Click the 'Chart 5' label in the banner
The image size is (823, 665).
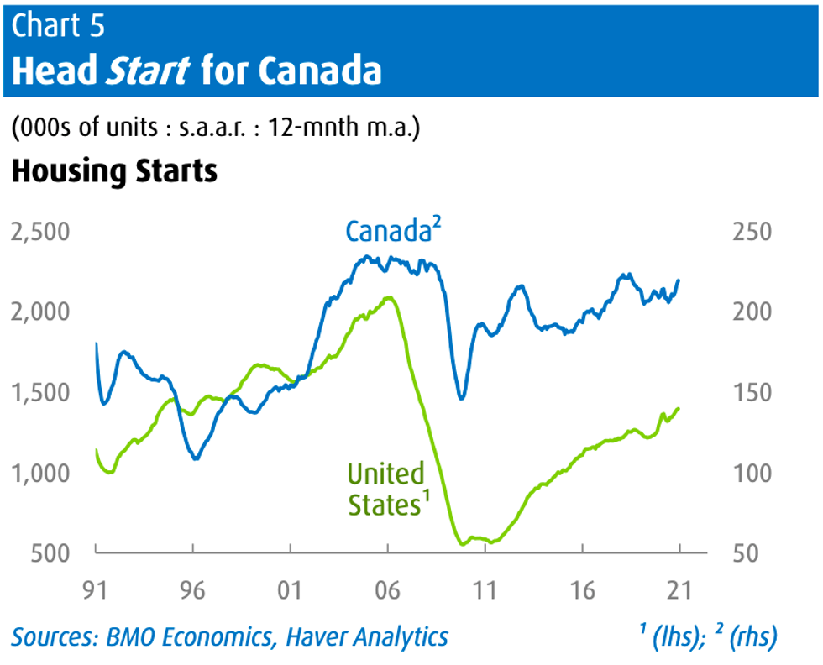(x=59, y=25)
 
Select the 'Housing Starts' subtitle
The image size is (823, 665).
(x=114, y=171)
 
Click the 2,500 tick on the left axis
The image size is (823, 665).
(x=39, y=231)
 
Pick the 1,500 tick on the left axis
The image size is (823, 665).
(x=39, y=392)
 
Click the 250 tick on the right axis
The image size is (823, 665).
(x=752, y=231)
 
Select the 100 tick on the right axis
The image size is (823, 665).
(x=752, y=473)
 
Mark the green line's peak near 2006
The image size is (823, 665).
(x=387, y=297)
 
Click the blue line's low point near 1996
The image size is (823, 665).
(x=195, y=458)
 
